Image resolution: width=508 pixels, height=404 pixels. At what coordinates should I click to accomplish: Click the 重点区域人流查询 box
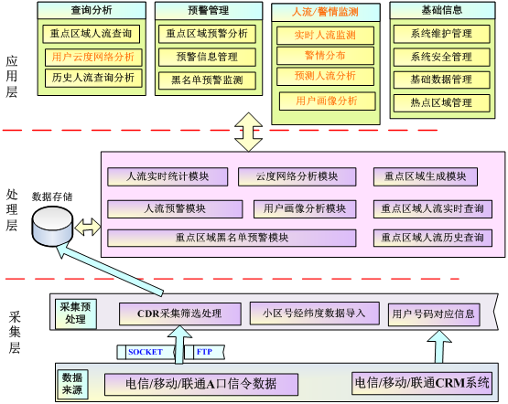tap(91, 34)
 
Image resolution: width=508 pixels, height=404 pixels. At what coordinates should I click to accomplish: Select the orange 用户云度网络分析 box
tap(93, 58)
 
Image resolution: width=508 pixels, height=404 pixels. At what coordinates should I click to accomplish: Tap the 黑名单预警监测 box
tap(207, 80)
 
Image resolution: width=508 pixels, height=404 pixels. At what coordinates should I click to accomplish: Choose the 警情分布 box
tap(325, 56)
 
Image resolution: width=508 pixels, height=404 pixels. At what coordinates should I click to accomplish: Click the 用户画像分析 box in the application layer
tap(327, 101)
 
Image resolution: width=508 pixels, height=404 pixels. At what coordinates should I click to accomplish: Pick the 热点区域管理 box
tap(441, 103)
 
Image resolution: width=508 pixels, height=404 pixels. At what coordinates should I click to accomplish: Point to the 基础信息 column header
tap(442, 10)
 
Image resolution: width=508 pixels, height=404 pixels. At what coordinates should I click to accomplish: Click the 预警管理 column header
tap(209, 11)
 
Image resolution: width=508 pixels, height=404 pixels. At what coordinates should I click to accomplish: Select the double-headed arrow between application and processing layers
tap(248, 132)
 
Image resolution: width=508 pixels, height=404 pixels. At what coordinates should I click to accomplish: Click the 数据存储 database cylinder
tap(52, 226)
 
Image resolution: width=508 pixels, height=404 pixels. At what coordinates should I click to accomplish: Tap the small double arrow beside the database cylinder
tap(88, 227)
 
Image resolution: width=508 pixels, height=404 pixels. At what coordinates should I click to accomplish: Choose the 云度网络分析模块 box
tap(297, 176)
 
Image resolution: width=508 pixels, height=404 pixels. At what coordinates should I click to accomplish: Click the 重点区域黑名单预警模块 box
tap(232, 238)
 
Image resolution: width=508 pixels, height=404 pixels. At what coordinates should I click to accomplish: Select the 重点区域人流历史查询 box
tap(433, 238)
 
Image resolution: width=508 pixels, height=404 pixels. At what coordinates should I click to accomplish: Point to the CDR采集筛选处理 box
tap(180, 314)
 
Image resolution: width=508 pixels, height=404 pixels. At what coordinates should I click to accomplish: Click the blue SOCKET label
tap(146, 352)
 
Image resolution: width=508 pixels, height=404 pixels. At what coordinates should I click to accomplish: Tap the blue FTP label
tap(204, 352)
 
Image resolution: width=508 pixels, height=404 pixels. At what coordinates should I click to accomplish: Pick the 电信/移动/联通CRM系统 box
tap(422, 383)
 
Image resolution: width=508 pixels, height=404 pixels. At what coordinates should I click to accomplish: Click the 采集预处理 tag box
tap(76, 314)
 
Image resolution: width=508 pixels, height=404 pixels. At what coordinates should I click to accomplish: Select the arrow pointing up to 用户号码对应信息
tap(439, 346)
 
